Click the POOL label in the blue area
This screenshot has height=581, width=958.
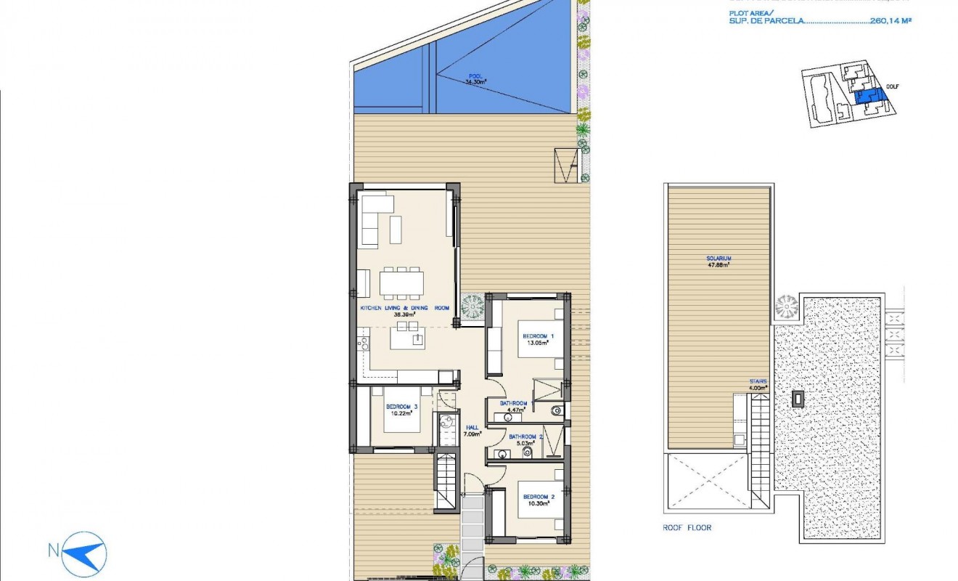click(475, 76)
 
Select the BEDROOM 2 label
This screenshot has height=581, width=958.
click(538, 497)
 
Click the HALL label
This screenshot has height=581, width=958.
click(472, 428)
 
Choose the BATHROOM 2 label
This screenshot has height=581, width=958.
click(525, 437)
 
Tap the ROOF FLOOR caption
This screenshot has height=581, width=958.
click(687, 528)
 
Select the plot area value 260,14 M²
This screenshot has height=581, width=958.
click(890, 21)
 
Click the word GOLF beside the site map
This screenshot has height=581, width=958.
click(892, 87)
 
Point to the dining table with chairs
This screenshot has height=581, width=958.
click(401, 283)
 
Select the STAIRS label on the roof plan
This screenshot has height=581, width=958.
click(758, 381)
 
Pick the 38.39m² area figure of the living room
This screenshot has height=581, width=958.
click(404, 315)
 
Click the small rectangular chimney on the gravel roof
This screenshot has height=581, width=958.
click(798, 398)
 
